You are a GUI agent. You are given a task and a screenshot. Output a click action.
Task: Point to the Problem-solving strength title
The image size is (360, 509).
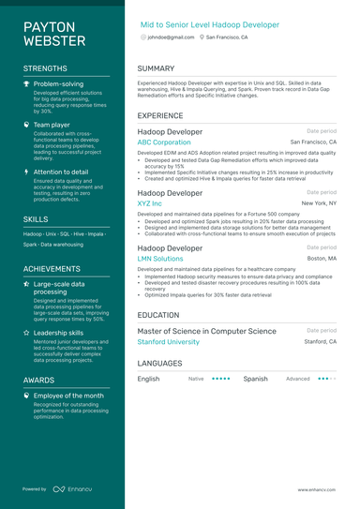pos(58,83)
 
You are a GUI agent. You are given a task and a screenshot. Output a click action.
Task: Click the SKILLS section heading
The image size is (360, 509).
pos(36,218)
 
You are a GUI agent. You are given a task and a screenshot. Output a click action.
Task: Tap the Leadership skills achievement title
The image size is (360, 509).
pos(59,332)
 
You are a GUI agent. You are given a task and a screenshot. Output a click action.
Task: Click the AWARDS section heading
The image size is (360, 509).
pos(39,380)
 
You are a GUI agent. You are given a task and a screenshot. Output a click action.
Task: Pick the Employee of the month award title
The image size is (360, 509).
pos(68,396)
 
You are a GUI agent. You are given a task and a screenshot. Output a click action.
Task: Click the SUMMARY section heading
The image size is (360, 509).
pos(156,68)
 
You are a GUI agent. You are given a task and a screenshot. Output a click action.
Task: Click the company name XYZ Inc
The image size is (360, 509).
pos(150,202)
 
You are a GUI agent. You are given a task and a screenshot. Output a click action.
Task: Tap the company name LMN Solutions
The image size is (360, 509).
pos(160,258)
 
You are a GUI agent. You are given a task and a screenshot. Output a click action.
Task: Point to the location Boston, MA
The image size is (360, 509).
pos(322,258)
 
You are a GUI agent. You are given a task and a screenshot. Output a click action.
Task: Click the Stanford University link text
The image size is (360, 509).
pos(169,342)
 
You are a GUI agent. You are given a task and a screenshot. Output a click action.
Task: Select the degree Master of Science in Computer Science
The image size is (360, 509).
pos(207,331)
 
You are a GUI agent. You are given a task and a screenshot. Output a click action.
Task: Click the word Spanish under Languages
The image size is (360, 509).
pos(255,379)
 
